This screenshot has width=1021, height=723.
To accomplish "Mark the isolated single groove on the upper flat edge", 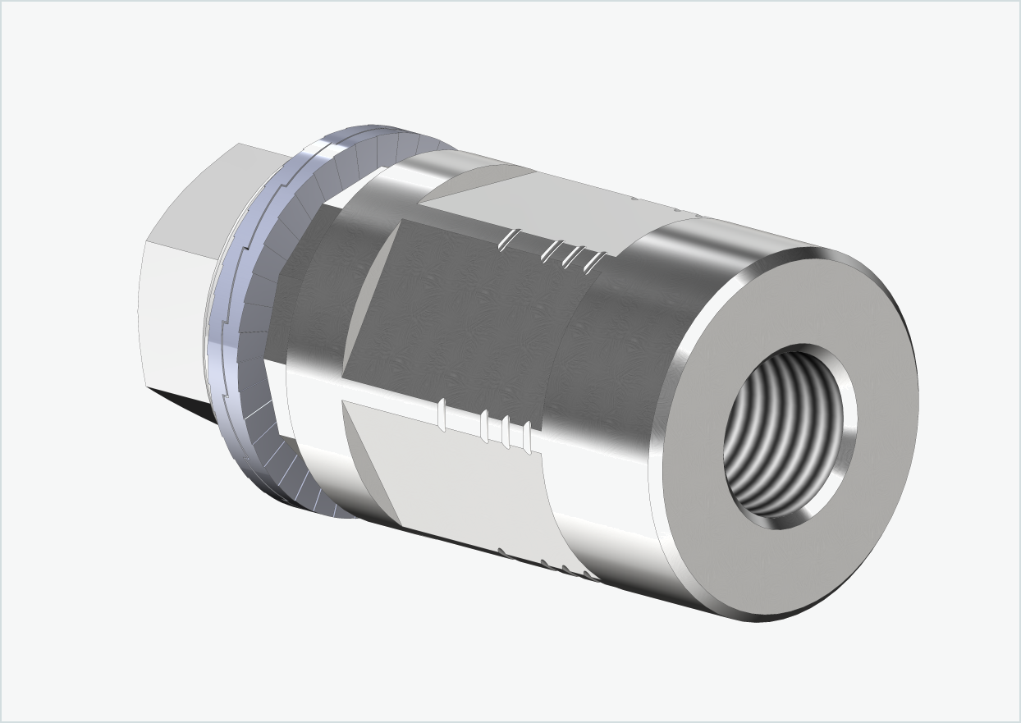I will click(507, 239).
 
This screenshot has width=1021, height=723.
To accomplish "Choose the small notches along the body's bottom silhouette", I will click(542, 563).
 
